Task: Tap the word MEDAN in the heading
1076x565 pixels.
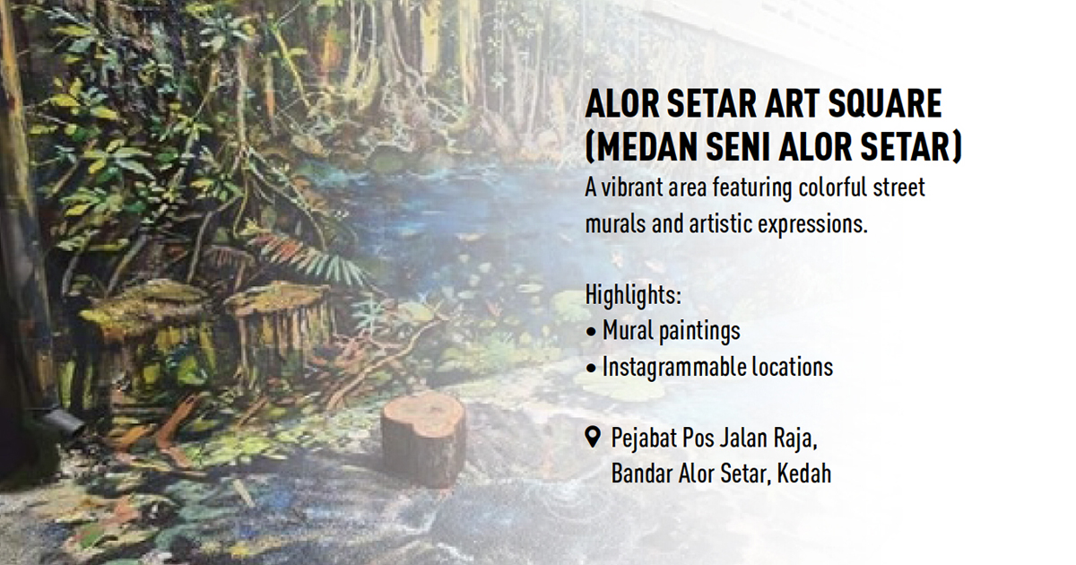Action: (x=645, y=146)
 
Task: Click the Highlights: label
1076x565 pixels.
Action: (x=633, y=294)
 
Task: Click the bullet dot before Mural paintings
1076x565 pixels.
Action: (x=591, y=332)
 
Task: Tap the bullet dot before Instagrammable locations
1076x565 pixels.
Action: (x=591, y=369)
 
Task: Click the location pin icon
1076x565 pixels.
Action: (x=594, y=438)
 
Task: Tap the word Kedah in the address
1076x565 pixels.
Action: (x=804, y=474)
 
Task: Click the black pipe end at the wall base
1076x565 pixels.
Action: (x=64, y=422)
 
